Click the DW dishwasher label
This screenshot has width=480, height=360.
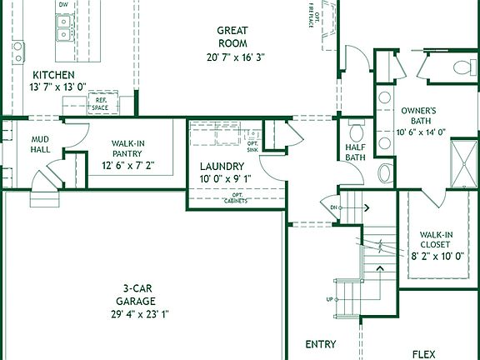[x=63, y=5]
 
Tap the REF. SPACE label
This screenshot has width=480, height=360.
[x=102, y=104]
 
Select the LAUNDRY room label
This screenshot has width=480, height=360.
[x=222, y=166]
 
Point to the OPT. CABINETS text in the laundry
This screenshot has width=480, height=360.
[x=237, y=199]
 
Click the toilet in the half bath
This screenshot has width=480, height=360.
[x=357, y=132]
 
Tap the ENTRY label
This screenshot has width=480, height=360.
[x=321, y=344]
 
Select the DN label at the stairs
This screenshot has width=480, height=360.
[x=333, y=207]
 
